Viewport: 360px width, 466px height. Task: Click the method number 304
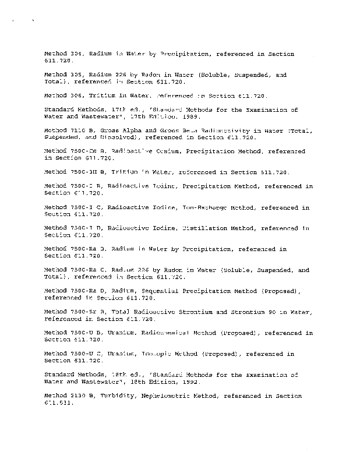(77, 54)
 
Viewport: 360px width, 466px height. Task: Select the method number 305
(77, 75)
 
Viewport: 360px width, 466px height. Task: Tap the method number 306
(77, 95)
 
